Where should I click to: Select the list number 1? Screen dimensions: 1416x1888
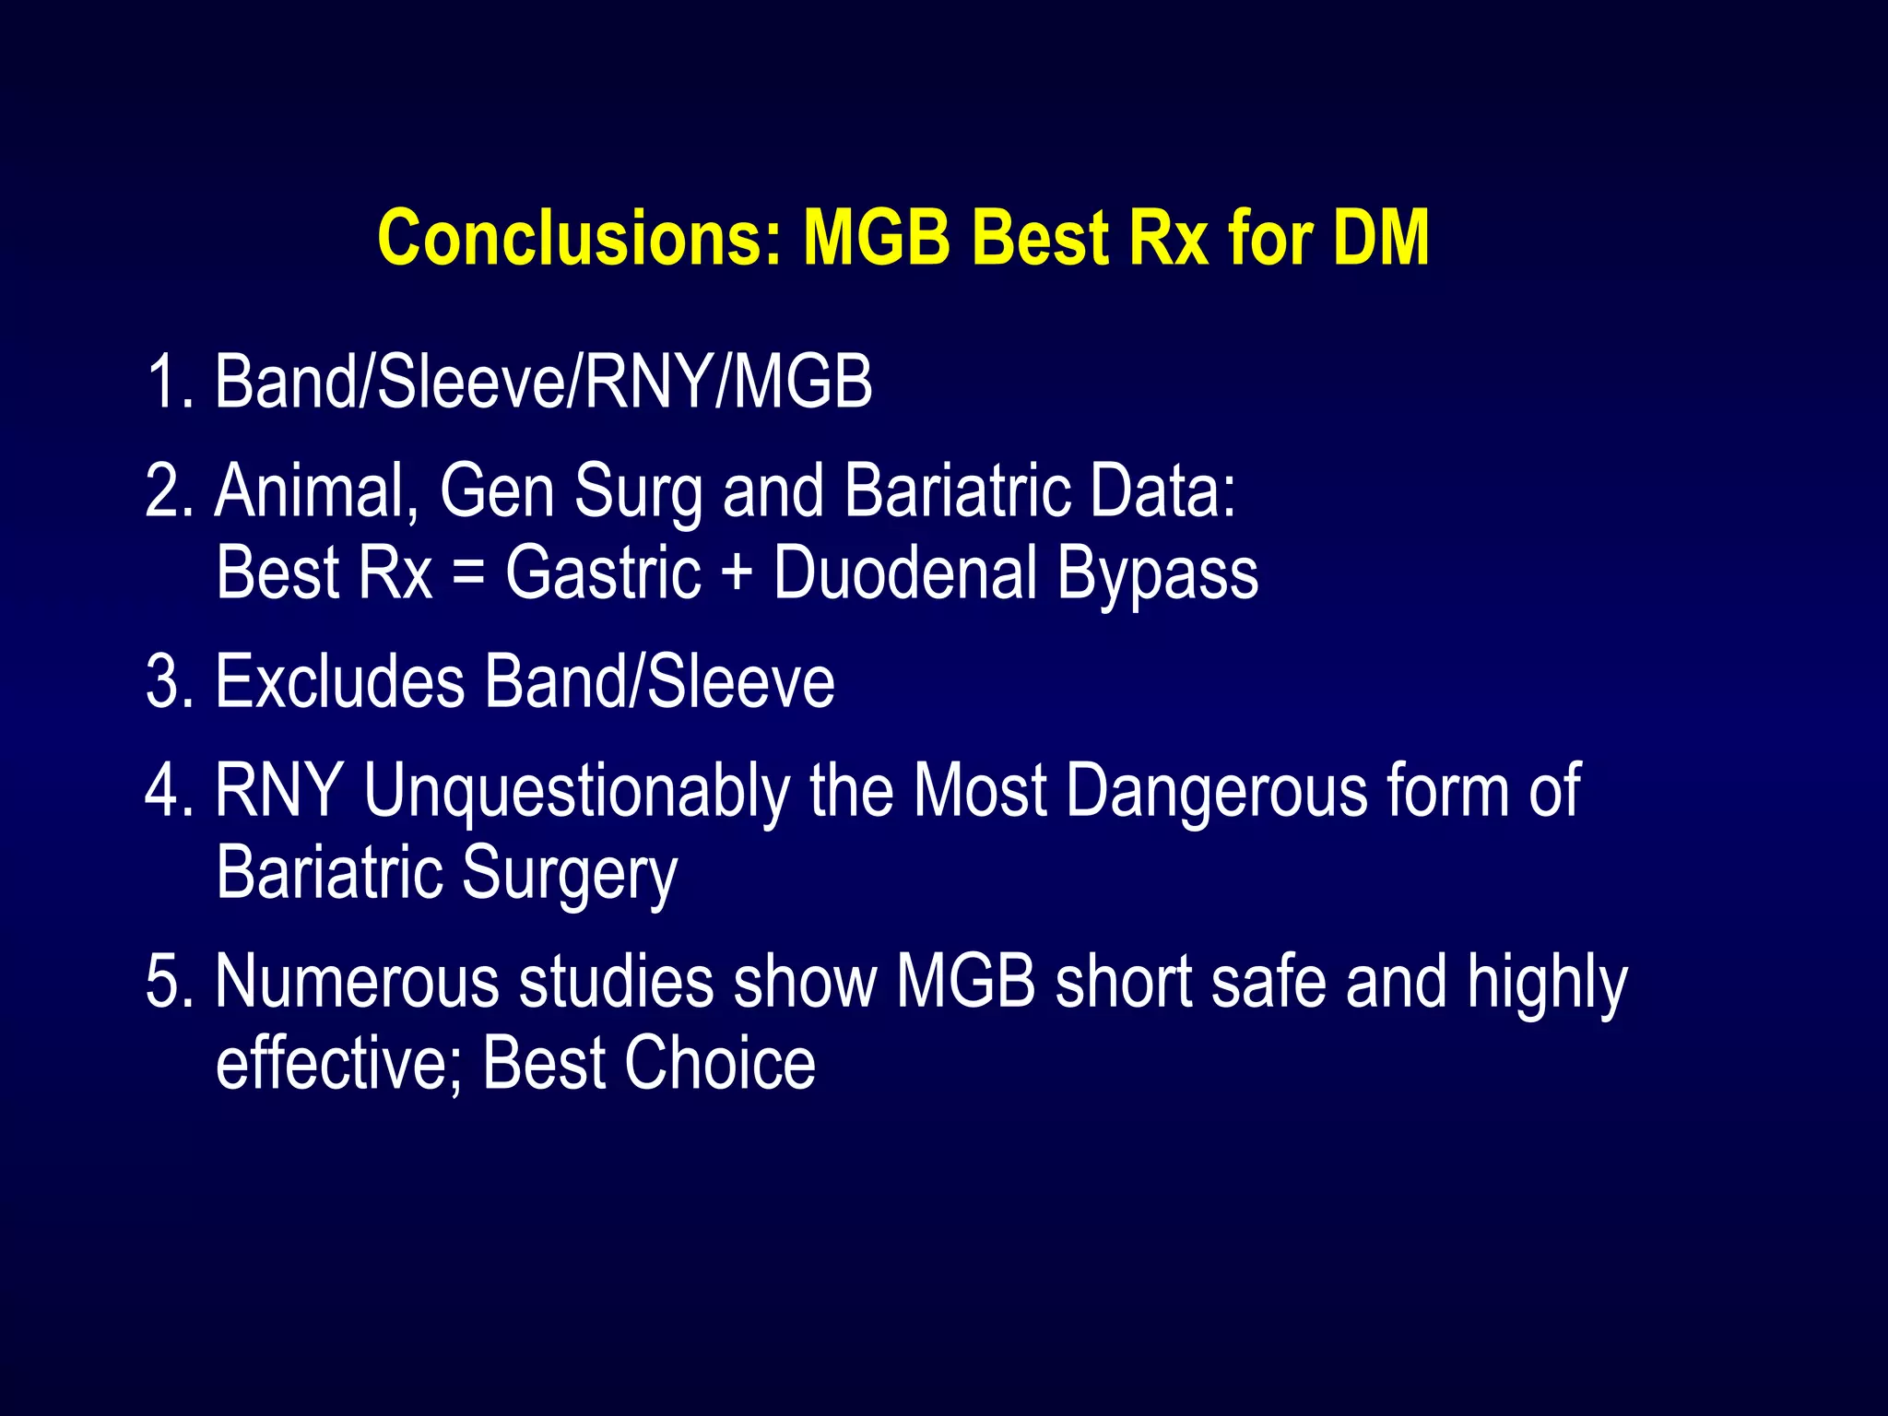(165, 382)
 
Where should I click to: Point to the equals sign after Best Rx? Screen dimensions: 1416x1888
(468, 573)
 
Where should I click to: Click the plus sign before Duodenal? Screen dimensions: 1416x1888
(737, 573)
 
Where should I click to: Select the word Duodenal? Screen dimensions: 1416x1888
(905, 573)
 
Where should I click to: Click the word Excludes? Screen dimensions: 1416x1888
(339, 682)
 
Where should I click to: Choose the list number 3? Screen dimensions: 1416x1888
(165, 682)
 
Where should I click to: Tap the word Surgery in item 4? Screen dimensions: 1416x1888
(570, 874)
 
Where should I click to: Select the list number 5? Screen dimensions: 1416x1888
(165, 982)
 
